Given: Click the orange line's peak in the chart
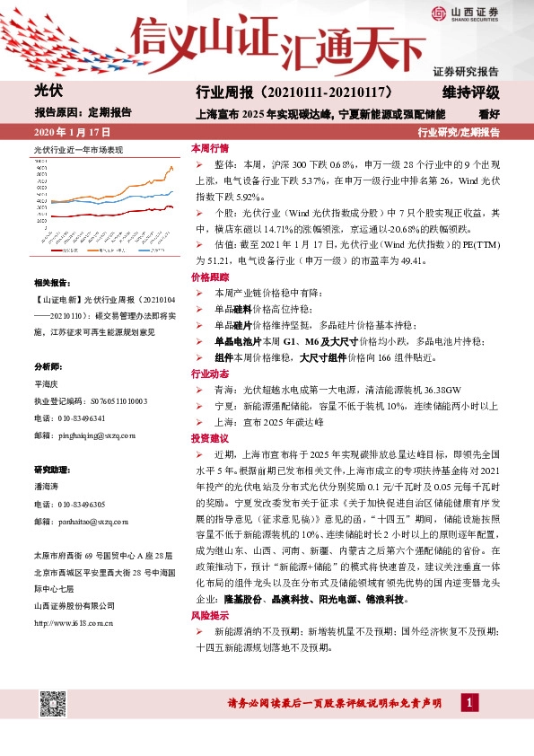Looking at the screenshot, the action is (171, 167).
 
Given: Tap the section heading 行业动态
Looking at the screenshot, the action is (209, 373).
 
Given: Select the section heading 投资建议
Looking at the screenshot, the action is (209, 438).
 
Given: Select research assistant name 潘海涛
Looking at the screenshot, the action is (45, 487).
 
